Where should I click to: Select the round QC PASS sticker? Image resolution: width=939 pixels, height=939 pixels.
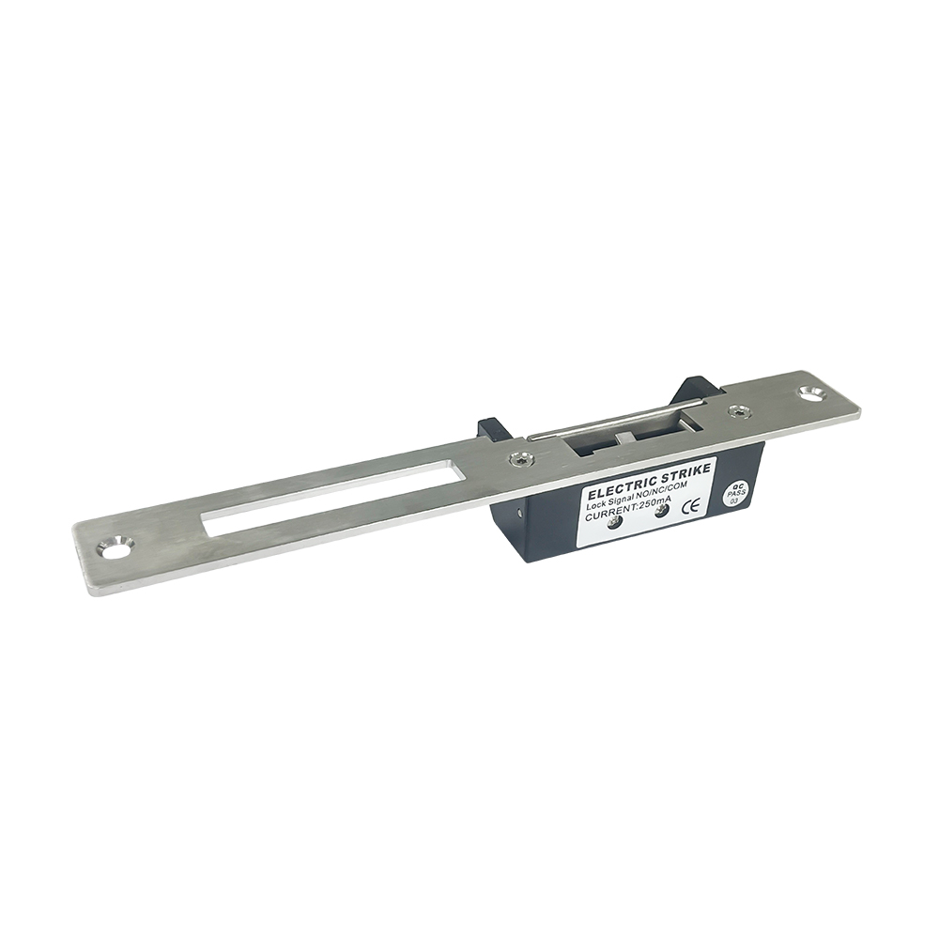tap(733, 495)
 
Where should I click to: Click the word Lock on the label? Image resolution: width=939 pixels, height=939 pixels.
tap(595, 503)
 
